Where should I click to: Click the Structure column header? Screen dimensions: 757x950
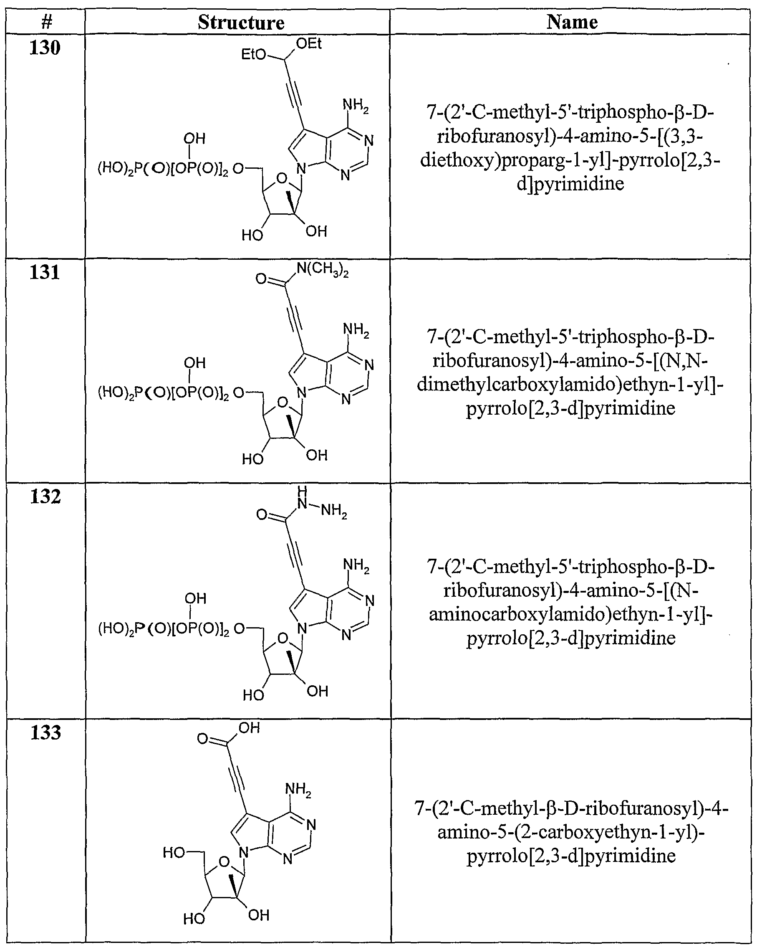tap(241, 23)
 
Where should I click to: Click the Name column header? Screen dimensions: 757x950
tap(572, 22)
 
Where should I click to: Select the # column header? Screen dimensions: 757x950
tap(46, 22)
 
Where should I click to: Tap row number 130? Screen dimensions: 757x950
tap(45, 48)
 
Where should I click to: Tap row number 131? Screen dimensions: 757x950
tap(45, 272)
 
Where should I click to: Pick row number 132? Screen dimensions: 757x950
tap(45, 497)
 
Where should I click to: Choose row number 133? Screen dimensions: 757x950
tap(45, 732)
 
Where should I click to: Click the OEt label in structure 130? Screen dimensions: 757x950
tap(309, 43)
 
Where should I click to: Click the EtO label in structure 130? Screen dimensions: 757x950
tap(254, 55)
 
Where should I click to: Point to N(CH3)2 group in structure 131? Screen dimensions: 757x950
tap(322, 269)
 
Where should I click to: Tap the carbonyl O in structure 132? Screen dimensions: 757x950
tap(262, 514)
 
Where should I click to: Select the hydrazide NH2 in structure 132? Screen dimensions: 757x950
tap(334, 511)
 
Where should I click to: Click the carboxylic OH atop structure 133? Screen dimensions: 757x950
tap(249, 728)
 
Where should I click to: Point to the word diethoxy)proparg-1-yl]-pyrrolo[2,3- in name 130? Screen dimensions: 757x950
tap(570, 160)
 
